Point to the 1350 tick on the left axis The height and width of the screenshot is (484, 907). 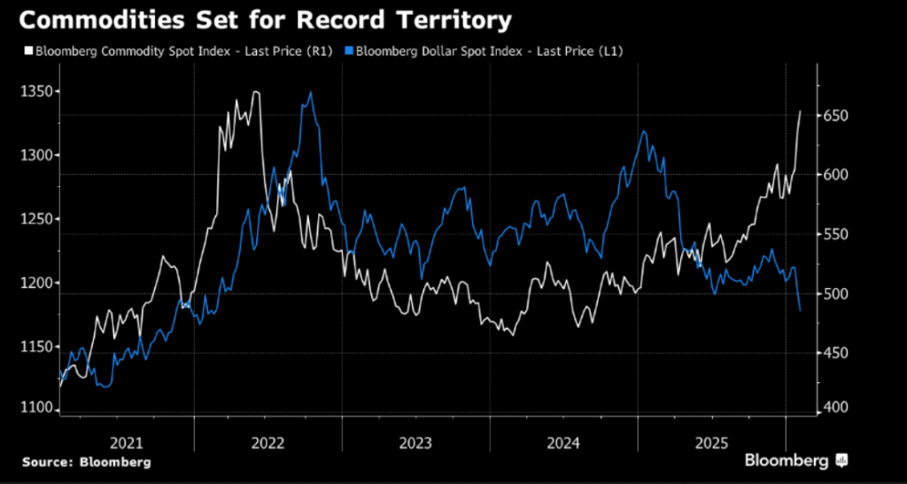click(x=36, y=91)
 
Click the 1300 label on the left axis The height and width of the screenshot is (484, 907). click(x=36, y=155)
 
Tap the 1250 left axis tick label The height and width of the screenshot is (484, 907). click(x=36, y=219)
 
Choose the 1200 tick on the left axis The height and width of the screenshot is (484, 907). click(x=36, y=283)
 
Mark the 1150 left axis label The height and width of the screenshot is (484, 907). click(x=36, y=347)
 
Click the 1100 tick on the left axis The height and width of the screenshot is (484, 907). click(x=36, y=408)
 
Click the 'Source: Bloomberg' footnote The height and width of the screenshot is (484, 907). click(x=87, y=462)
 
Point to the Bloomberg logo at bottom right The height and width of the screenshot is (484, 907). click(x=795, y=460)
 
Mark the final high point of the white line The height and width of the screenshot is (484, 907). click(x=801, y=112)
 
